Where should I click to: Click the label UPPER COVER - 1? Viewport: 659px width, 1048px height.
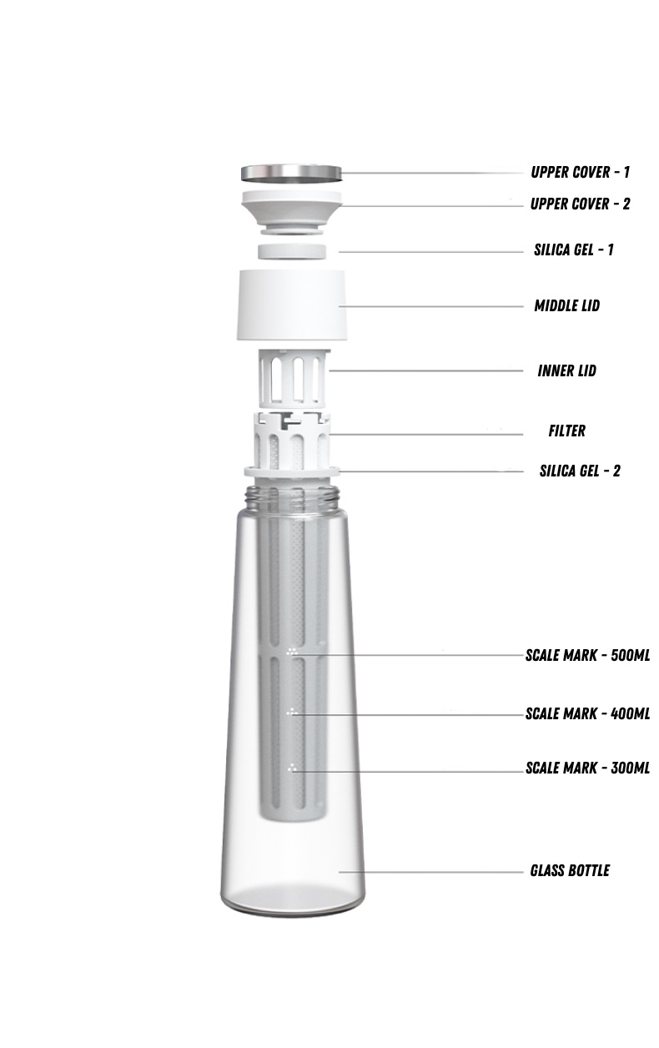(580, 173)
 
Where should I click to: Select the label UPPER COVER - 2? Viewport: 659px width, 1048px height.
(580, 204)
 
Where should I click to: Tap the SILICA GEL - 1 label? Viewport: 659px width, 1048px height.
(574, 249)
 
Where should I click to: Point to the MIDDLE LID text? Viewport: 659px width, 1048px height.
(566, 306)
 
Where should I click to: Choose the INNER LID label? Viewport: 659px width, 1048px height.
(566, 370)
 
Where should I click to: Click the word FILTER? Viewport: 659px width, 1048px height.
(566, 431)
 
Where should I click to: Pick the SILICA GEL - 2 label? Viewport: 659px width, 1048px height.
(580, 471)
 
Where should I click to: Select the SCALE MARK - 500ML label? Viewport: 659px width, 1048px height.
(587, 655)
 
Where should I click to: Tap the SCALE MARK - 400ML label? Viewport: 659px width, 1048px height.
(587, 714)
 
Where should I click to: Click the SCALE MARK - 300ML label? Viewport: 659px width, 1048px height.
(587, 768)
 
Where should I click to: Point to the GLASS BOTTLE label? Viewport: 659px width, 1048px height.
(570, 870)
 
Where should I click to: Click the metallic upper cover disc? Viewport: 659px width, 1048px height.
(292, 174)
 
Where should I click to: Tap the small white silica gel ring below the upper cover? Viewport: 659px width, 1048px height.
(291, 251)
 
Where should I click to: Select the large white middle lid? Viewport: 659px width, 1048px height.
(293, 305)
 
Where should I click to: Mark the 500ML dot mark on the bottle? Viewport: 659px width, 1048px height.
(292, 652)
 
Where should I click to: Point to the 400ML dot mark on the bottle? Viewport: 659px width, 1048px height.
(292, 713)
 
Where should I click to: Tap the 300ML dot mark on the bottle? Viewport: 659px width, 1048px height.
(292, 767)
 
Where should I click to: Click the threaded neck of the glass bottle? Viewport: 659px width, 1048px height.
(292, 496)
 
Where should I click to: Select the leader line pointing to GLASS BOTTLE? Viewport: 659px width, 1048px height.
(434, 872)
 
